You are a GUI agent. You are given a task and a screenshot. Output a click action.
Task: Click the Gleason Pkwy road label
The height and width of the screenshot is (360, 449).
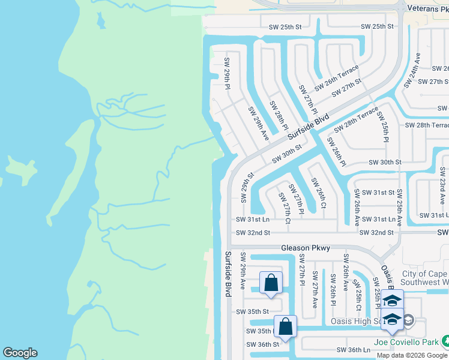(305, 248)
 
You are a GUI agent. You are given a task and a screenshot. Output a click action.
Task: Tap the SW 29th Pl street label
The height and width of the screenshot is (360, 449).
(228, 74)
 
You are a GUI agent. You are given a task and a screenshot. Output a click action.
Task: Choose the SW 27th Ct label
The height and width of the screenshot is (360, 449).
(283, 209)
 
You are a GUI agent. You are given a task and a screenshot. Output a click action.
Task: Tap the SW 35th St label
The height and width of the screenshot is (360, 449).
(252, 311)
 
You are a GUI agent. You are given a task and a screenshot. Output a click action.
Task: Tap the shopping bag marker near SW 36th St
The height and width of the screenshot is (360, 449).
(286, 328)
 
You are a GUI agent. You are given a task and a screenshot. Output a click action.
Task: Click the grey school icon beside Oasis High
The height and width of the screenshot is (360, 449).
(409, 320)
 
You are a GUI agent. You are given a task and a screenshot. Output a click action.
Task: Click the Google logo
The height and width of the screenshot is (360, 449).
(20, 353)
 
